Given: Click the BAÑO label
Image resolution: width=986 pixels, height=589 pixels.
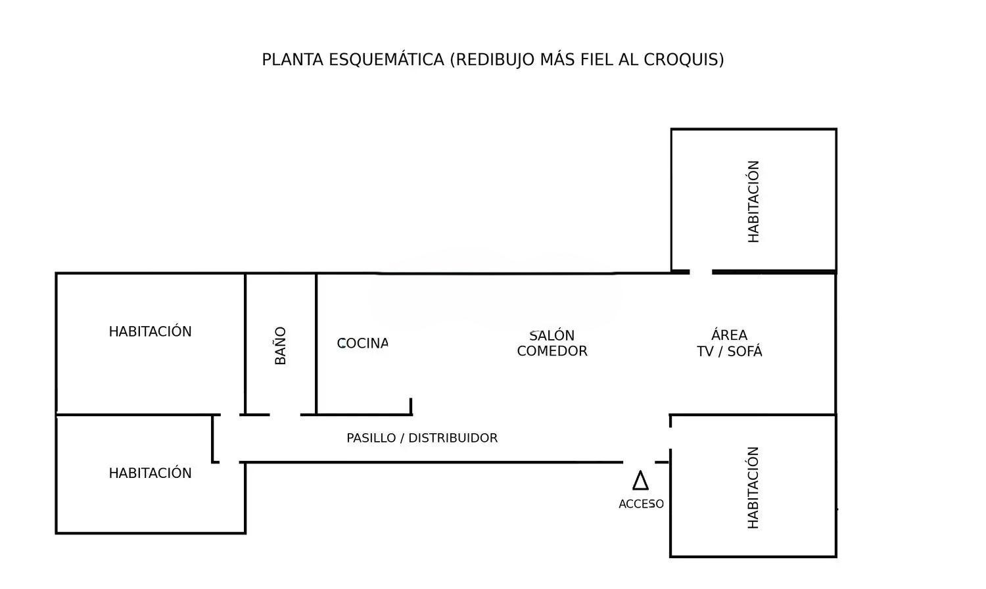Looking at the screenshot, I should point(281,345).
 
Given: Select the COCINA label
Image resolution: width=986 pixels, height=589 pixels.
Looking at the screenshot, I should point(362,343).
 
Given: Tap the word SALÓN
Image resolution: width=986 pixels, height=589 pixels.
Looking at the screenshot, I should point(552,335).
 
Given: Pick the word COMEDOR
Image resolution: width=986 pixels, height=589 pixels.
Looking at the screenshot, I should point(552,351).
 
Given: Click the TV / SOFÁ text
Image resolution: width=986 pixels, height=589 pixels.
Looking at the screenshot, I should point(730,351).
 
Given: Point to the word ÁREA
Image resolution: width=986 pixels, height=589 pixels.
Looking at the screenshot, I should point(730,335).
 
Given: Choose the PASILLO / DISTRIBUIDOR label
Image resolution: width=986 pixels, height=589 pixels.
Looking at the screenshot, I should point(422,438).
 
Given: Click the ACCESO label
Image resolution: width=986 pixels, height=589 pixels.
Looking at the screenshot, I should point(641,504).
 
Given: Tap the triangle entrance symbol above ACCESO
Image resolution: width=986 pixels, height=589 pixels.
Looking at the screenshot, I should point(640,481).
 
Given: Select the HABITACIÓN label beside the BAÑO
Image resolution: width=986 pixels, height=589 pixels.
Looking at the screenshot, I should point(150,331).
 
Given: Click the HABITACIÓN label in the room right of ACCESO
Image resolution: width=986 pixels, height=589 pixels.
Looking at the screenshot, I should point(753,487).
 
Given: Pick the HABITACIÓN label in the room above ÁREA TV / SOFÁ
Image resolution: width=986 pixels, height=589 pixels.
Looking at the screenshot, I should point(753,201).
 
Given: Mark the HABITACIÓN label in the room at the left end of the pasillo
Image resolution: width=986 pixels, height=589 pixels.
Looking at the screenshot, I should point(150,473).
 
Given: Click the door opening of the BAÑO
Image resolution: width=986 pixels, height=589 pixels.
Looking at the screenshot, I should point(285,415).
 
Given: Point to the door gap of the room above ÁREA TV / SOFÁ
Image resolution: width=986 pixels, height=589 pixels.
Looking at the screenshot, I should point(701,271).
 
